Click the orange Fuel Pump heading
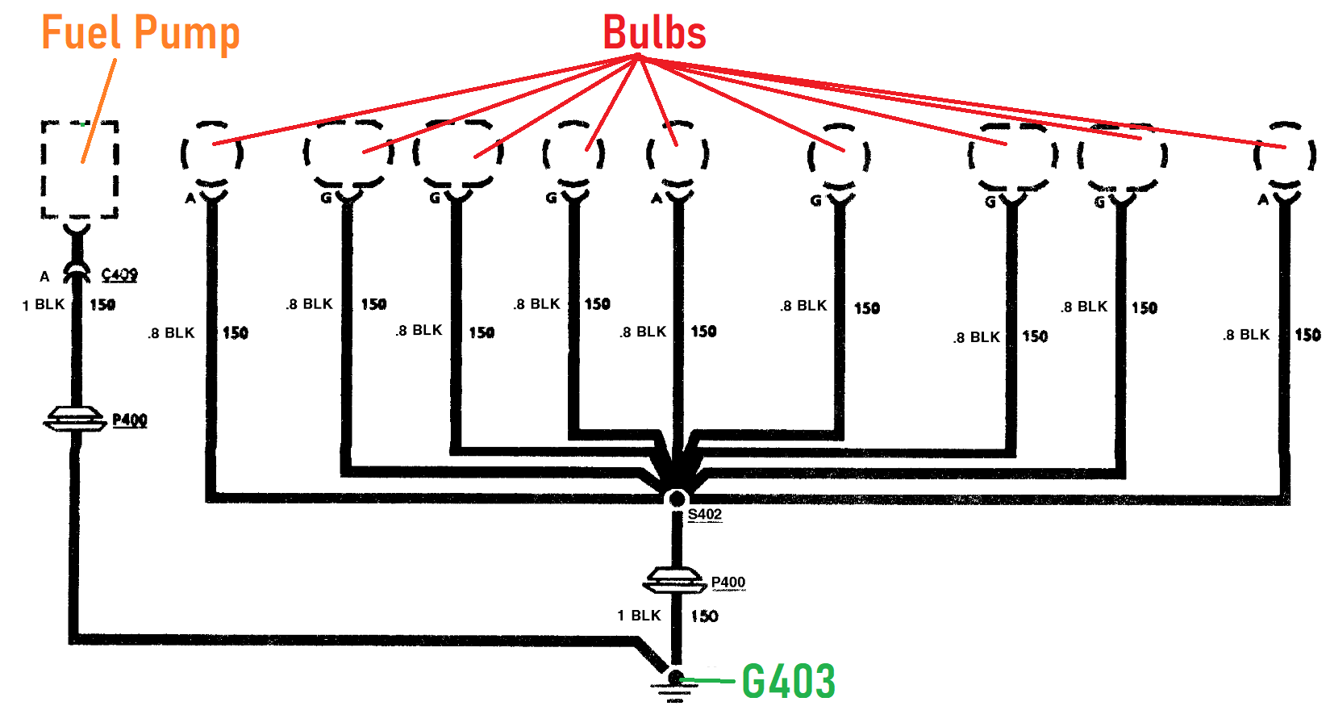tap(140, 34)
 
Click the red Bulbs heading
tap(654, 34)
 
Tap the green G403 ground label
tap(788, 682)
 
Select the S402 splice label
tap(704, 515)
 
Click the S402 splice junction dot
tap(677, 499)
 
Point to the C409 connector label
tap(119, 275)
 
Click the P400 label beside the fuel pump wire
tap(129, 420)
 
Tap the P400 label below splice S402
tap(728, 583)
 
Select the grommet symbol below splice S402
tap(674, 579)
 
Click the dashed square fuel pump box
tap(80, 170)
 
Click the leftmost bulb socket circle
tap(211, 153)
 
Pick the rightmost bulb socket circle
tap(1285, 153)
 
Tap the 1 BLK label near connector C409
tap(44, 305)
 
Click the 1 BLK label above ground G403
tap(639, 616)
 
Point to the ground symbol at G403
tap(675, 686)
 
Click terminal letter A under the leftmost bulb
tap(190, 198)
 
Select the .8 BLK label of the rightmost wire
tap(1245, 335)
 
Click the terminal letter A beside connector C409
tap(45, 277)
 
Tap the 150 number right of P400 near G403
tap(704, 616)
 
